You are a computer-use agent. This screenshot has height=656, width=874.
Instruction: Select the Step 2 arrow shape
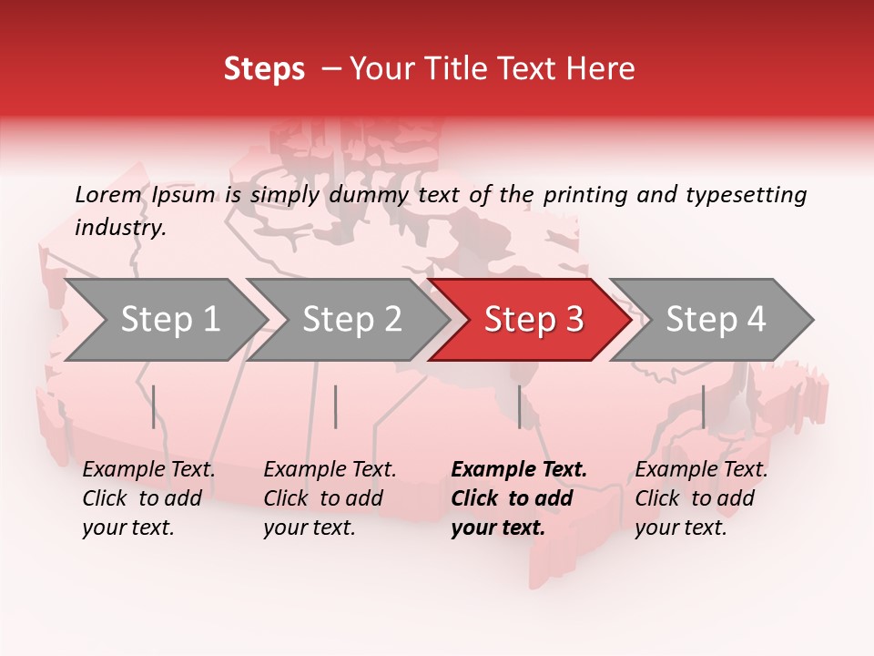351,320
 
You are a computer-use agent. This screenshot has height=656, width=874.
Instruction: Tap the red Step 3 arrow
534,320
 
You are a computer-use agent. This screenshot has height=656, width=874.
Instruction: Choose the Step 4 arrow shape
716,320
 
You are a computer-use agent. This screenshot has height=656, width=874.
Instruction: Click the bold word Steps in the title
264,69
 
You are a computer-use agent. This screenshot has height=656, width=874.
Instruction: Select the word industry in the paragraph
119,228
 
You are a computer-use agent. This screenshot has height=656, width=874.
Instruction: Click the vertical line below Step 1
154,406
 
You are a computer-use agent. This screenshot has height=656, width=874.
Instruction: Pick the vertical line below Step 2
336,406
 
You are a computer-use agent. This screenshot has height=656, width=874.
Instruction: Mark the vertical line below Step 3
520,406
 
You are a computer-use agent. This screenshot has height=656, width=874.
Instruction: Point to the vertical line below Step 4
704,406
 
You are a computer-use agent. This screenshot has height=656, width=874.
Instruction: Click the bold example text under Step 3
518,498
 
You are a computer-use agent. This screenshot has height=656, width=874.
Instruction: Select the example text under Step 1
148,498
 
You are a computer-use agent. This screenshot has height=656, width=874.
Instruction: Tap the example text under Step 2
330,498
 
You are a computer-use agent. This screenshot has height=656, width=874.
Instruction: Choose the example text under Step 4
701,498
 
